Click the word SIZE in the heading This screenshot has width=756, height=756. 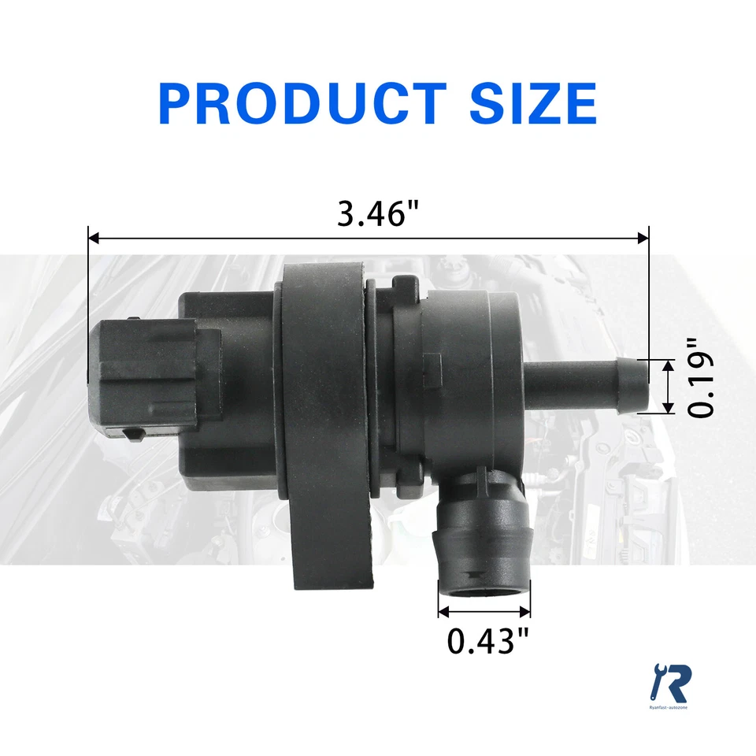(533, 103)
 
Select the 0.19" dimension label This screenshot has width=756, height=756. (702, 378)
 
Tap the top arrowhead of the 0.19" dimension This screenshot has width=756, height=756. (668, 364)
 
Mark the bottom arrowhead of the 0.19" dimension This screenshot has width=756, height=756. (668, 408)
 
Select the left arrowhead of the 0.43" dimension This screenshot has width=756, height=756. (443, 611)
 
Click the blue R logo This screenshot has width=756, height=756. (671, 684)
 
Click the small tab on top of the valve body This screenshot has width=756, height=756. (402, 283)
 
